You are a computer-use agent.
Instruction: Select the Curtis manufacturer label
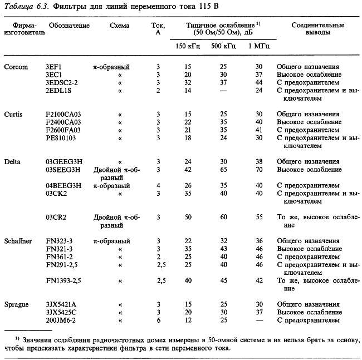[x=14, y=114]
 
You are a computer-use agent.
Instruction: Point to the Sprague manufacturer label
[x=17, y=305]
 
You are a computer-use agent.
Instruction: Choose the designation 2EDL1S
[x=61, y=90]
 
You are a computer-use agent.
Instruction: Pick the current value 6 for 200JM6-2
[x=159, y=320]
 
